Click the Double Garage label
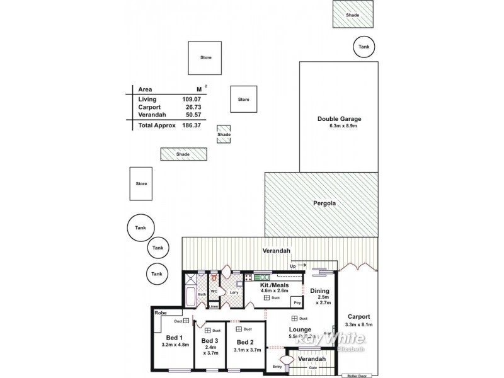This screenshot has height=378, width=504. pos(339,118)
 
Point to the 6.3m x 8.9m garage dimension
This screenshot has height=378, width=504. pos(339,126)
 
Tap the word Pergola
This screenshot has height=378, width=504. pos(324,203)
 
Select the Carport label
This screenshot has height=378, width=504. pos(358,316)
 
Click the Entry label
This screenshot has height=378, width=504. pos(278,366)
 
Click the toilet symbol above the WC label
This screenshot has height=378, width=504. pos(214,277)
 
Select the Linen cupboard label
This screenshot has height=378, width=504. pos(214,307)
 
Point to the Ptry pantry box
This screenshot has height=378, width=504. pos(297,303)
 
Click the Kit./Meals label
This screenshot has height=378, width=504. pos(274,285)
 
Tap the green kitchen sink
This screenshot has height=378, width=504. pos(261,277)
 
